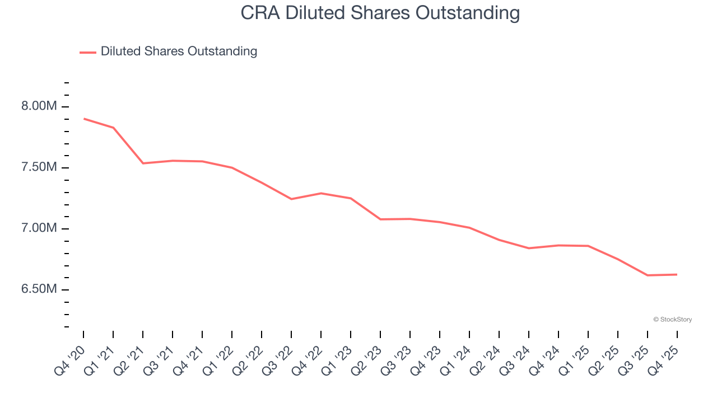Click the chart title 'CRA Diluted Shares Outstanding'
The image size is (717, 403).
pyautogui.click(x=380, y=12)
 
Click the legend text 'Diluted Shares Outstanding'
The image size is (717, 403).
pyautogui.click(x=179, y=51)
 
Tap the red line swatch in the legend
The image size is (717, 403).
pyautogui.click(x=88, y=52)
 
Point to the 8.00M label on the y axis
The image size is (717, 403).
pyautogui.click(x=39, y=106)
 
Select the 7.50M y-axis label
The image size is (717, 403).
pyautogui.click(x=39, y=167)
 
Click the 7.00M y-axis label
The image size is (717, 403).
pyautogui.click(x=39, y=228)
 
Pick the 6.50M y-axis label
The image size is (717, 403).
pyautogui.click(x=39, y=289)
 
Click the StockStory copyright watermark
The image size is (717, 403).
pyautogui.click(x=672, y=320)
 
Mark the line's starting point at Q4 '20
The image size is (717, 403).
pyautogui.click(x=83, y=119)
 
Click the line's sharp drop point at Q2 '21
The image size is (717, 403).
pyautogui.click(x=143, y=163)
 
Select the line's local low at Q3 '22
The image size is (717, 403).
pyautogui.click(x=291, y=199)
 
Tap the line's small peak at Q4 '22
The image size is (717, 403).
pyautogui.click(x=321, y=193)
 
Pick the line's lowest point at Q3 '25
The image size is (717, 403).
pyautogui.click(x=648, y=275)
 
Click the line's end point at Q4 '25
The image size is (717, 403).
pyautogui.click(x=677, y=274)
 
